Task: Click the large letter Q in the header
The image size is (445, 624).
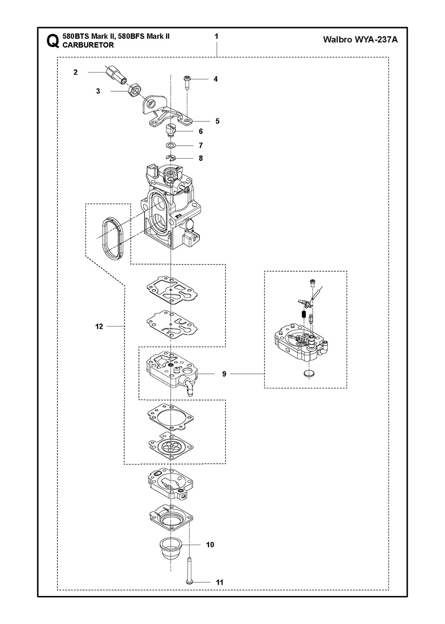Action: [x=52, y=41]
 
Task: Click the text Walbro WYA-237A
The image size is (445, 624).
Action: [x=360, y=40]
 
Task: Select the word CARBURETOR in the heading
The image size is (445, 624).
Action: [x=89, y=45]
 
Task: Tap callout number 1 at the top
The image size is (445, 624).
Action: [x=216, y=36]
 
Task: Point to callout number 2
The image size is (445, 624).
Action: [x=76, y=72]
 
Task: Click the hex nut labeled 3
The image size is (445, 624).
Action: [x=134, y=91]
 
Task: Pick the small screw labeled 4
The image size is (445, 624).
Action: [x=187, y=81]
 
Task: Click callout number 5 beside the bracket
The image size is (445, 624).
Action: [x=217, y=121]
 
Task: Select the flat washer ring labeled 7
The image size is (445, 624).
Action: [x=171, y=146]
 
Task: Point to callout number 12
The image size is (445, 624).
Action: [x=99, y=326]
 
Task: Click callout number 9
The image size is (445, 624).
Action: [x=224, y=374]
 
